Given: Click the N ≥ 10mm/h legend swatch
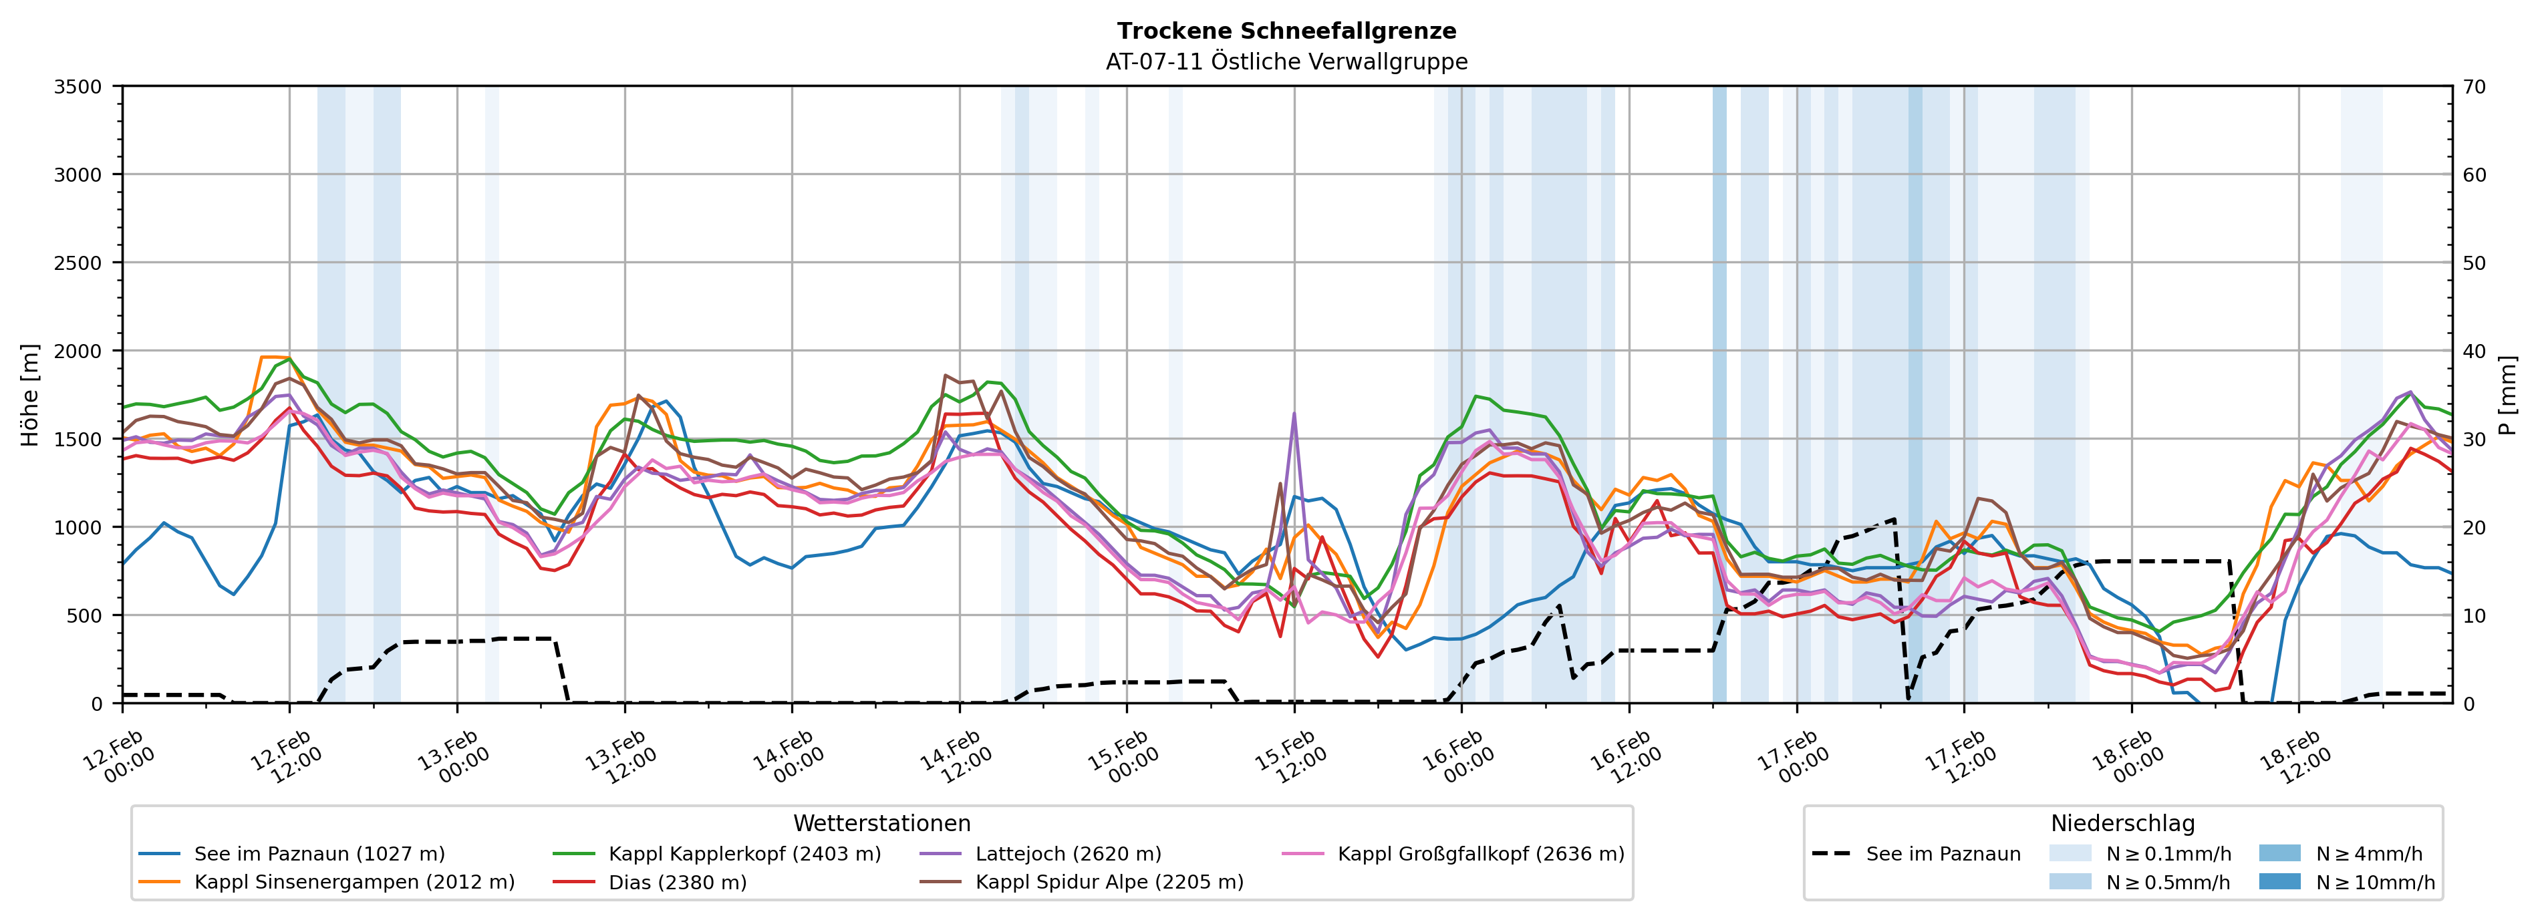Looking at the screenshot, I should [2279, 881].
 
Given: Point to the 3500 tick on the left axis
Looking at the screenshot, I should [78, 87].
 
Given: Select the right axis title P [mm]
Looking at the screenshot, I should [2509, 394].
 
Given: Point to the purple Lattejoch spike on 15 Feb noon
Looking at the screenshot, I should [1294, 414].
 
